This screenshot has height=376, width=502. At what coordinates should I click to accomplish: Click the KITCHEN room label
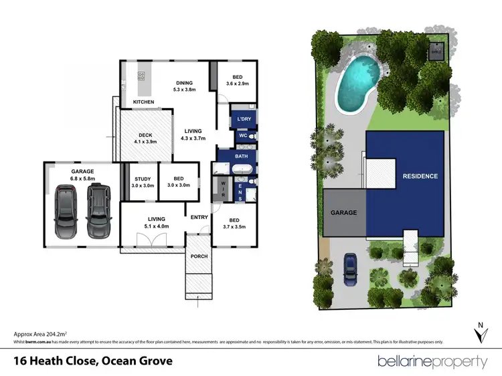coord(143,102)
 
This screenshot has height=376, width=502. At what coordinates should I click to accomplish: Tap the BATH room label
coord(241,156)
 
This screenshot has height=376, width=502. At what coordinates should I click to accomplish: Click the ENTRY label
coord(199,217)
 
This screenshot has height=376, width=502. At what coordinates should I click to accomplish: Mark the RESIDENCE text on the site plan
coord(420,176)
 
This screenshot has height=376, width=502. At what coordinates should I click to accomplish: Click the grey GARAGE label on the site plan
coord(344,212)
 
